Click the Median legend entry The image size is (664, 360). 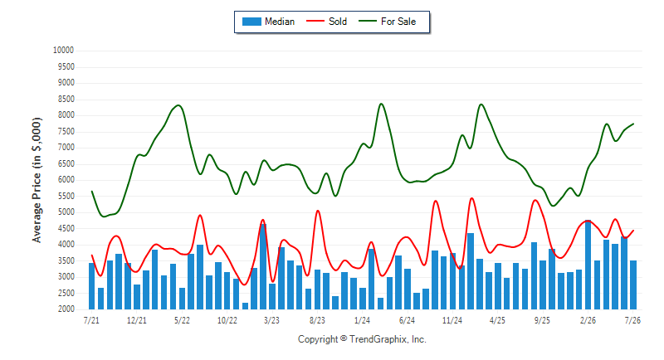pos(268,22)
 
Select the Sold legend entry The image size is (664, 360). pos(326,22)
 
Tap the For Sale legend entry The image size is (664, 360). pos(388,22)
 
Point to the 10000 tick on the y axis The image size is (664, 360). pos(63,51)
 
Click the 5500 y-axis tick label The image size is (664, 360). pos(66,196)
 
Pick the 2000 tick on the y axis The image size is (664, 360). pos(66,309)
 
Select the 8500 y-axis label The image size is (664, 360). pos(66,99)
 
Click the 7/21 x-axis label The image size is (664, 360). pos(91,320)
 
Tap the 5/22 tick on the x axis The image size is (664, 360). pos(182,320)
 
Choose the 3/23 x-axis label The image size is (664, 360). pos(272,320)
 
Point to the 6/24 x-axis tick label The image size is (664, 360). pos(407,320)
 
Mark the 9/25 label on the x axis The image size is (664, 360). pos(543,320)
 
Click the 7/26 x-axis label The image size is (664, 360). pos(632,320)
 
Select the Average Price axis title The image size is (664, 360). pos(37,180)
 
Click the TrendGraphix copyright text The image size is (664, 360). pos(362,339)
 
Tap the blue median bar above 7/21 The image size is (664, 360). pos(91,286)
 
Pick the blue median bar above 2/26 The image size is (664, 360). pos(588,265)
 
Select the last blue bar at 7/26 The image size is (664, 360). pos(633,285)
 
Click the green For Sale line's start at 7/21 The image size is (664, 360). pos(92,192)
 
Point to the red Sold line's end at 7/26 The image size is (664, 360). pos(633,231)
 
